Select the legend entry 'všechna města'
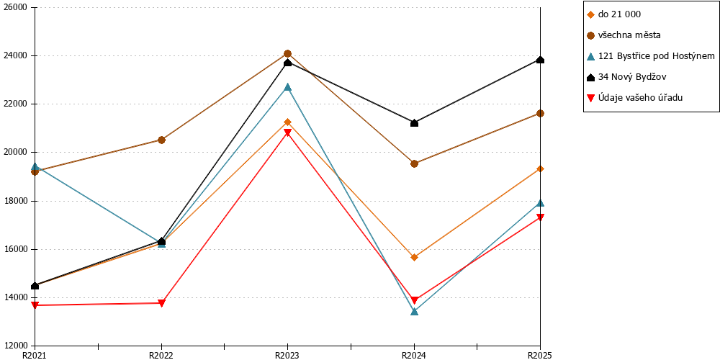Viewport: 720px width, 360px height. [625, 35]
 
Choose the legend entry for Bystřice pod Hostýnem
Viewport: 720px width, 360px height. [651, 56]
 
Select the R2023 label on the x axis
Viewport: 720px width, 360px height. [287, 355]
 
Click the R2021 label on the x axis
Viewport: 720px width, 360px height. [35, 355]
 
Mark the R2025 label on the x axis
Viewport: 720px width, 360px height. [540, 355]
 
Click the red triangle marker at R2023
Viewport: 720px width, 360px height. [287, 132]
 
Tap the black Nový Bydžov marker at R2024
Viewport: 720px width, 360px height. [414, 122]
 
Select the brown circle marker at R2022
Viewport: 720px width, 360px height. [161, 140]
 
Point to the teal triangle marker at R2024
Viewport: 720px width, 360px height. [414, 311]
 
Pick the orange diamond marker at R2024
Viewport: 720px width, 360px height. [414, 257]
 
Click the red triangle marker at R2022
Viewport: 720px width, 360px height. [161, 303]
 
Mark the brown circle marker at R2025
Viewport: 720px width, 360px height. [541, 114]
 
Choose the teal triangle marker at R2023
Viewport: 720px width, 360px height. [287, 87]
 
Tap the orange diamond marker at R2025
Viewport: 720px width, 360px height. [541, 169]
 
